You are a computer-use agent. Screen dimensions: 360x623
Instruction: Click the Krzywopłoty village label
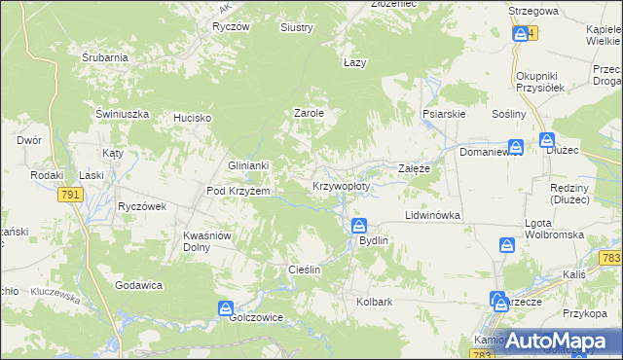point(342,185)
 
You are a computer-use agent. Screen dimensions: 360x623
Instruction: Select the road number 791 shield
point(70,196)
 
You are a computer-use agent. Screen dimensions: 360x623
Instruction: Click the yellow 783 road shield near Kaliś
point(610,258)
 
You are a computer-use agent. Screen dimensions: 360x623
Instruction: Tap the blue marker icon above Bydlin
point(359,226)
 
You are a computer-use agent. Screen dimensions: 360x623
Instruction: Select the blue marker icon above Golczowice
point(226,307)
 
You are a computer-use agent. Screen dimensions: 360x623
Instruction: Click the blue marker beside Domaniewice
point(516,147)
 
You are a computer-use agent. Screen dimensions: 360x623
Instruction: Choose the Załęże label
point(415,168)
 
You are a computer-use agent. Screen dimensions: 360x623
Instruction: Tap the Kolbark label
point(375,302)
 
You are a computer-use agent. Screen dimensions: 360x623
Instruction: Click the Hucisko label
point(193,118)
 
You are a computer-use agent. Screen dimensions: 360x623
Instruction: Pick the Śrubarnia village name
point(105,57)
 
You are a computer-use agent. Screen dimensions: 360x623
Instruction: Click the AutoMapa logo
point(556,341)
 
